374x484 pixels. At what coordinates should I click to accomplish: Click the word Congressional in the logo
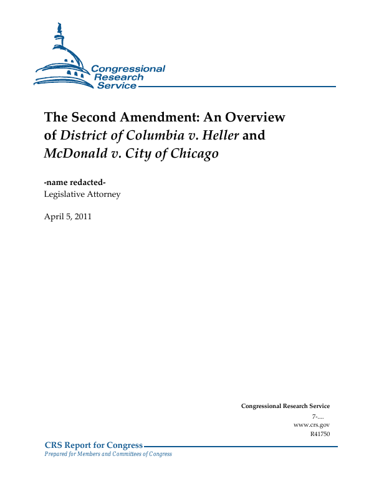[x=128, y=69]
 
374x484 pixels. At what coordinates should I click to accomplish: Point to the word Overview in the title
[x=251, y=117]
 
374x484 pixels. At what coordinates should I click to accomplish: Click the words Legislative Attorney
[x=82, y=194]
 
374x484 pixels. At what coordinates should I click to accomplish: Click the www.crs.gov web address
[x=311, y=425]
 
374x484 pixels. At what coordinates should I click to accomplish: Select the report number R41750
[x=320, y=434]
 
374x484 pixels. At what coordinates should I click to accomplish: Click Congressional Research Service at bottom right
[x=285, y=406]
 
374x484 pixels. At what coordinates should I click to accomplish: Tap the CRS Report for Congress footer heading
[x=94, y=445]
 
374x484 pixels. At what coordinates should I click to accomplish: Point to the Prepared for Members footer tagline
[x=108, y=454]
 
